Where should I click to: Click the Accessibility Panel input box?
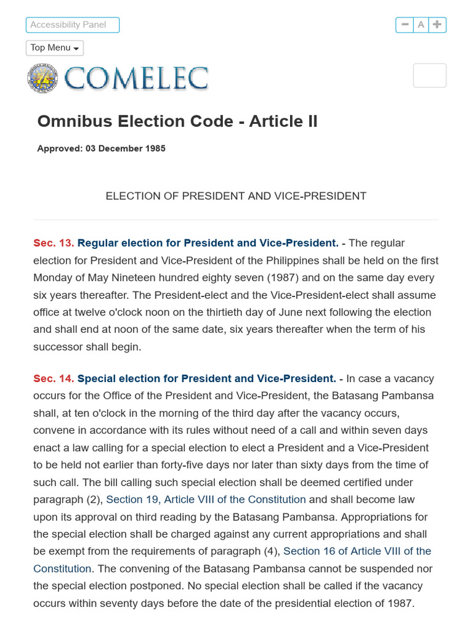click(72, 25)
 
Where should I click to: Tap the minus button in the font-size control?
click(405, 25)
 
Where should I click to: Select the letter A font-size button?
click(421, 25)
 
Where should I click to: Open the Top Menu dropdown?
click(55, 48)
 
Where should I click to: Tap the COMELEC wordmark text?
click(136, 79)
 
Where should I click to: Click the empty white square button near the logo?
click(429, 75)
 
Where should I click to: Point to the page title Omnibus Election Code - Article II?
click(177, 121)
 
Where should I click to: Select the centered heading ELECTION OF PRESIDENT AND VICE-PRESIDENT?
click(236, 196)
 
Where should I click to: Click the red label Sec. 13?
click(54, 243)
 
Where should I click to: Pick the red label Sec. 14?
click(54, 378)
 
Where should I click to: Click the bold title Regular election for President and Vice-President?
click(208, 243)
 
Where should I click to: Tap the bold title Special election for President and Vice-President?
click(206, 378)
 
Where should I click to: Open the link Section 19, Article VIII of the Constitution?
click(206, 499)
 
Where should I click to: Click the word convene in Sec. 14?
click(53, 430)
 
